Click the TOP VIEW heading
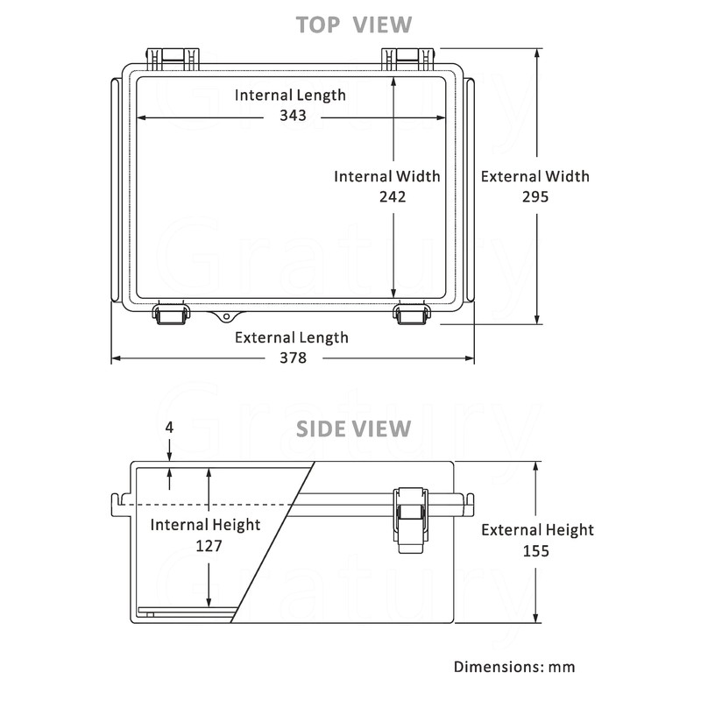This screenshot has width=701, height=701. [354, 24]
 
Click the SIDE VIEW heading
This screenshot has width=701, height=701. [353, 428]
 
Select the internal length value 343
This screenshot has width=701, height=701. [294, 116]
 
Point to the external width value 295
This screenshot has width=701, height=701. [535, 197]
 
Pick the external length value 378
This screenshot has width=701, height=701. [292, 358]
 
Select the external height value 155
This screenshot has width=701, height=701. [535, 550]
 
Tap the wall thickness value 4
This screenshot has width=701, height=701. [169, 428]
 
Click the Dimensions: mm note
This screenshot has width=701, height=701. [514, 667]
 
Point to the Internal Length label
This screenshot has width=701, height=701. [290, 95]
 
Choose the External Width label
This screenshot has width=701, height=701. [535, 176]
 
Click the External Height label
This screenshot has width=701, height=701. [537, 529]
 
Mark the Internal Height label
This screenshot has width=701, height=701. [205, 525]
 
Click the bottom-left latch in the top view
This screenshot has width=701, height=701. [171, 314]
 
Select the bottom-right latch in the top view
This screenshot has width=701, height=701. [409, 314]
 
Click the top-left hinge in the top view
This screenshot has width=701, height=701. [172, 59]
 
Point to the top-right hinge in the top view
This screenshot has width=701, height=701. [408, 59]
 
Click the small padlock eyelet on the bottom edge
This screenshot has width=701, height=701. [227, 315]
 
